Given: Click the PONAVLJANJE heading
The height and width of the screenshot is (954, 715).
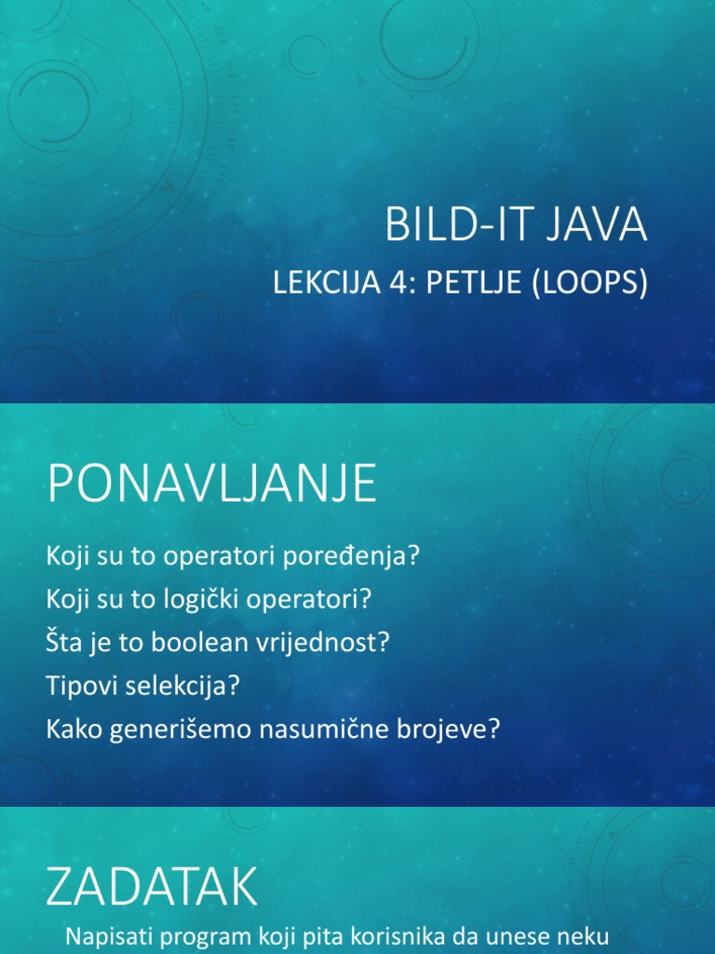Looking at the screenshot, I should (x=211, y=485).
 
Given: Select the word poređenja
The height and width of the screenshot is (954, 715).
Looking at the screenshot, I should (x=364, y=556).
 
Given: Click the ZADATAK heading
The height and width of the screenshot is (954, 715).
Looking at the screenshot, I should (x=152, y=888).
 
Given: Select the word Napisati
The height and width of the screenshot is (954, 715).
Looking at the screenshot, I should (x=105, y=937).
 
